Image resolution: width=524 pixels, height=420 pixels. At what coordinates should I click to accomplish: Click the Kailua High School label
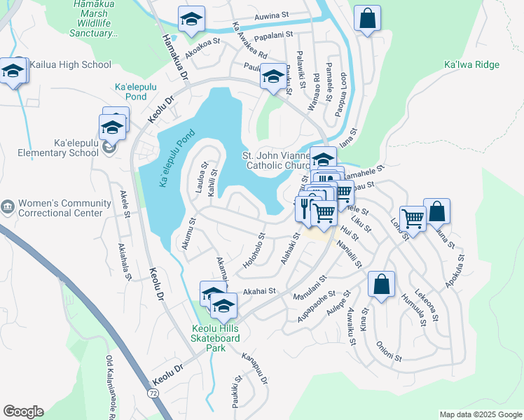[x=70, y=65]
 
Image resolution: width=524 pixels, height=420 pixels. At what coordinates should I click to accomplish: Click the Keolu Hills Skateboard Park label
[x=216, y=333]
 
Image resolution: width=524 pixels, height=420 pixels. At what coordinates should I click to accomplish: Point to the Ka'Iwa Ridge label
[x=471, y=65]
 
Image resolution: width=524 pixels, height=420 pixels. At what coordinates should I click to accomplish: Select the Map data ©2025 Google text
[x=480, y=414]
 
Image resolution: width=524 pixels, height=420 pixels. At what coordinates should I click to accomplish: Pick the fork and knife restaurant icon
[x=305, y=206]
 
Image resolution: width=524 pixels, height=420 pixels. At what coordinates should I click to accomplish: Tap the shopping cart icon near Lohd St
[x=413, y=218]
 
